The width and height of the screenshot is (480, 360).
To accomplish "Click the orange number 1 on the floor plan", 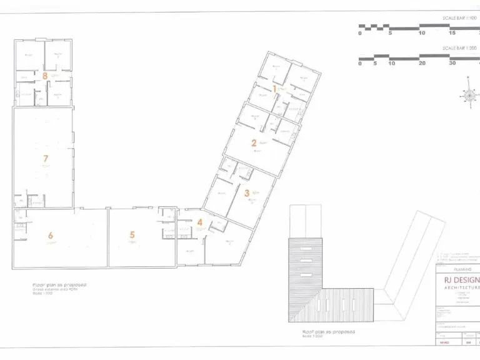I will (274, 89).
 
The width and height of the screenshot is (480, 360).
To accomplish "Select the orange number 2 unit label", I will (254, 143).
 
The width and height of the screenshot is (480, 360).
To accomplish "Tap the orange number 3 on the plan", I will (247, 194).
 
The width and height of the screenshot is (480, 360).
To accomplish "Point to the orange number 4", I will (199, 222).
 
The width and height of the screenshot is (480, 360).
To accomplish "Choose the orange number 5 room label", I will (132, 235).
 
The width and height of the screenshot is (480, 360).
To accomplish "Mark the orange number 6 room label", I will (51, 236).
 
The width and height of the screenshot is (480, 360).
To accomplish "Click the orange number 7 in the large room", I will (45, 159).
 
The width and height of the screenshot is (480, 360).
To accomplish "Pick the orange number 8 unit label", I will (45, 76).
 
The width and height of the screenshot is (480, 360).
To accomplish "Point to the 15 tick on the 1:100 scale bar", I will (452, 33).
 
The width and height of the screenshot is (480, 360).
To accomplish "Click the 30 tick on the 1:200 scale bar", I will (452, 63).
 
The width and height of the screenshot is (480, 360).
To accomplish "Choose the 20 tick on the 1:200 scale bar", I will (422, 63).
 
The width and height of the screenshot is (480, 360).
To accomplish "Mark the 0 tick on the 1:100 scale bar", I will (360, 33).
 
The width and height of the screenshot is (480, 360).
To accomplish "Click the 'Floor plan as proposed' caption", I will (59, 284).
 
